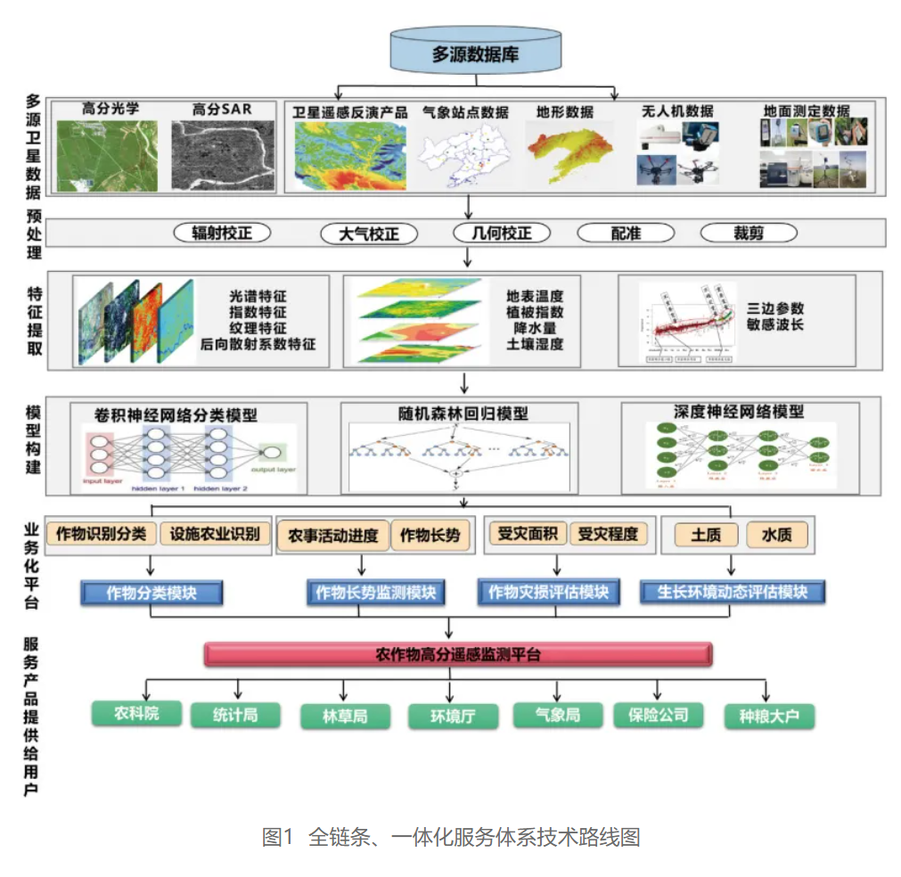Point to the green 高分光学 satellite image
[107, 156]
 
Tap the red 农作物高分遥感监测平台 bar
[459, 655]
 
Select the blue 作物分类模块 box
[152, 593]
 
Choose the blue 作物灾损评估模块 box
[548, 593]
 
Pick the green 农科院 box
[136, 714]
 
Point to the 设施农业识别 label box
[215, 535]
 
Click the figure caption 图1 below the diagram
[277, 838]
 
